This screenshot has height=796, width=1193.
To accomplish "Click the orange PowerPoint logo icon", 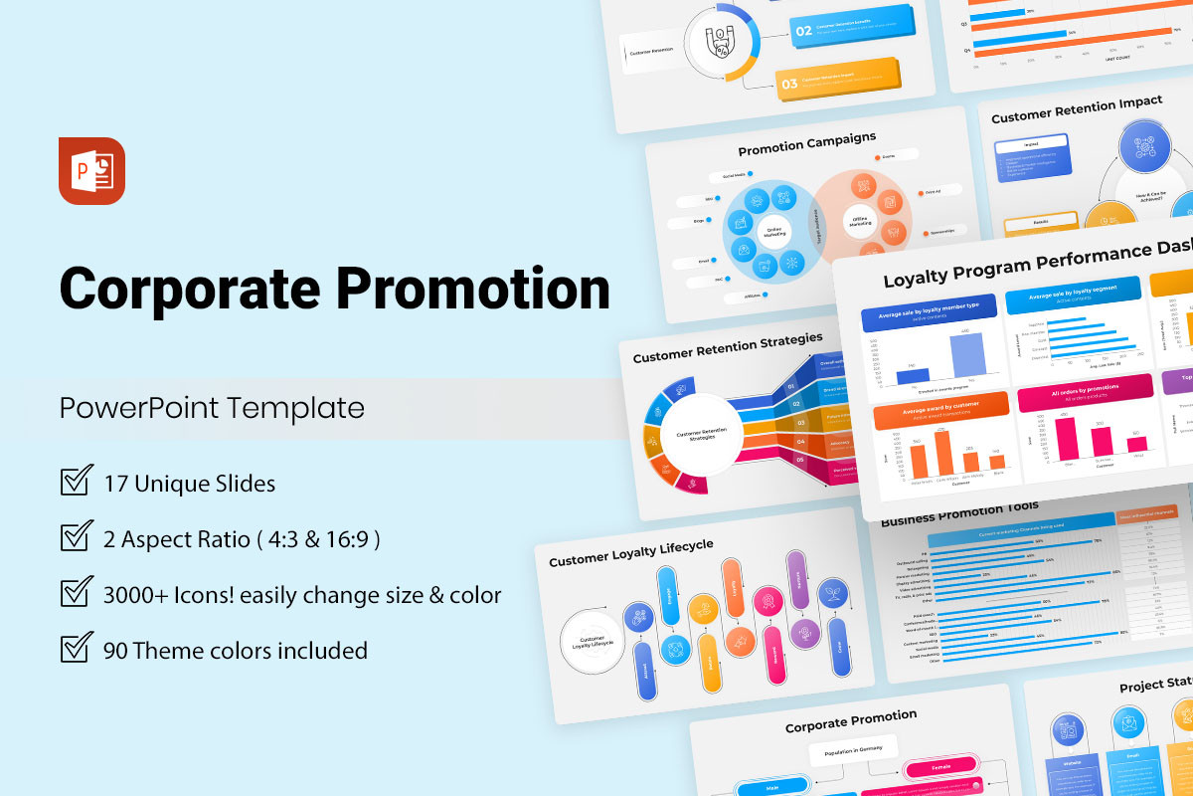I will (91, 171).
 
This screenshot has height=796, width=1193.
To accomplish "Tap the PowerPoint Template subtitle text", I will (212, 408).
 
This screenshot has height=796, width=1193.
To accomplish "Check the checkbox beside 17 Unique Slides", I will (77, 482).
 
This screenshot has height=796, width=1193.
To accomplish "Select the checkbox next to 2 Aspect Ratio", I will (77, 537).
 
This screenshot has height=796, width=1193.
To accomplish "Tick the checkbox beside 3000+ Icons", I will (77, 593).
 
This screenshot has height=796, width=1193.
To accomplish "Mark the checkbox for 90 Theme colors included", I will (77, 649).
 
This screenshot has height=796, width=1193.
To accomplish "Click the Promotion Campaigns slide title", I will (806, 143).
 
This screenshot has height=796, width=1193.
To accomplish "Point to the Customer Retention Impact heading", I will (1077, 109).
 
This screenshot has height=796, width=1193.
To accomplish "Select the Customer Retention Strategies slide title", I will (728, 347).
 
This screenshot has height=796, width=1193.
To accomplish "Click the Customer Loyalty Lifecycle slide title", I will (631, 552).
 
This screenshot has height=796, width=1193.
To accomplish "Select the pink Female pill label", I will (940, 768).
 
